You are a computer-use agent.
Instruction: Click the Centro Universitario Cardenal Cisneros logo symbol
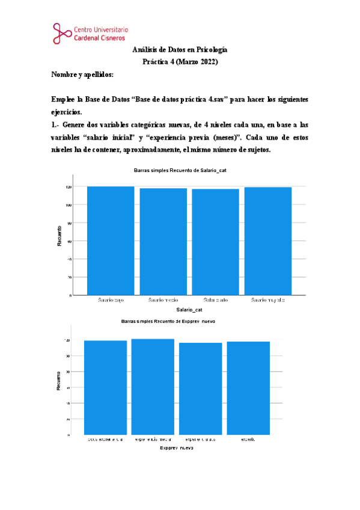coord(61,33)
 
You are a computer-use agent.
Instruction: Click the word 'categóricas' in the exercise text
coord(153,124)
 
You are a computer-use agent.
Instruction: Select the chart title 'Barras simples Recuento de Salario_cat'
coord(180,171)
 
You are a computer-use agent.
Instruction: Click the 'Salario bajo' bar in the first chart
coord(110,241)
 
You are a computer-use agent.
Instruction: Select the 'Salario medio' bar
coord(163,242)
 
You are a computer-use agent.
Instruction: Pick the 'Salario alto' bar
coord(215,242)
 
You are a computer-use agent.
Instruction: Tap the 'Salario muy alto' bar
coord(267,241)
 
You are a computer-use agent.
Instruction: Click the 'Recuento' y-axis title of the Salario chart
coord(59,236)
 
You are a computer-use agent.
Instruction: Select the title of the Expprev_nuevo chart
coord(168,321)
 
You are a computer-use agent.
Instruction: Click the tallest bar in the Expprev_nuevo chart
coord(152,386)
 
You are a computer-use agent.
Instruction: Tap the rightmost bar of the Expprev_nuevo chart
coord(248,387)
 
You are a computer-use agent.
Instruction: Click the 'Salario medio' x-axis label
coord(163,300)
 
